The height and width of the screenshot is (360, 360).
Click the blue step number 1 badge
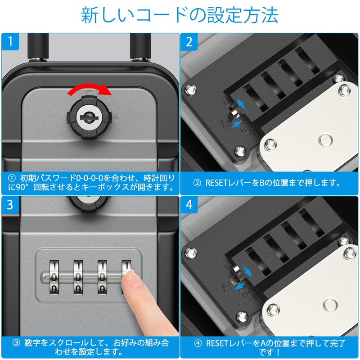coord(9,43)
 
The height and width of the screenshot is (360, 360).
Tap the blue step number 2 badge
coord(189,43)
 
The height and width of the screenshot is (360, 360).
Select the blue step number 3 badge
coord(9,206)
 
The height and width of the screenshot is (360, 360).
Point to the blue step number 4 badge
coord(189,206)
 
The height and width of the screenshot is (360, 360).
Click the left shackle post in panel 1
coord(36,48)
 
